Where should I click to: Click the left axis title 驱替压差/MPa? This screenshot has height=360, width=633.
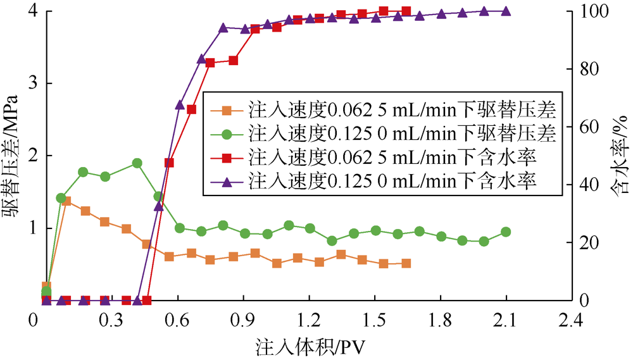[12, 155]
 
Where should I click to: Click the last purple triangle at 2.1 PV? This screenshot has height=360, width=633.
[506, 11]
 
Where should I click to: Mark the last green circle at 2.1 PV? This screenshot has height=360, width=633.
[506, 232]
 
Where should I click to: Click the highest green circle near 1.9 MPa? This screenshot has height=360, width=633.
[137, 163]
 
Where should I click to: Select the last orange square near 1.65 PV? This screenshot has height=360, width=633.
[406, 263]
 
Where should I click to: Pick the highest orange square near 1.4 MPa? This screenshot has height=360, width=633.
[66, 201]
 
